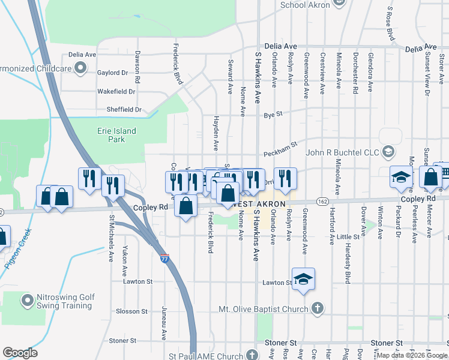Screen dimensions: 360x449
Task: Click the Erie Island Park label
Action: (116, 135)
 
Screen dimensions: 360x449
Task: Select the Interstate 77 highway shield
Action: (165, 259)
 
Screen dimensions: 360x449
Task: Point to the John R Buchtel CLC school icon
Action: (388, 152)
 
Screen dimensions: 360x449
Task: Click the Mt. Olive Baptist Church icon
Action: (319, 310)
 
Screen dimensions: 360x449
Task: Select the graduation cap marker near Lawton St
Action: (304, 279)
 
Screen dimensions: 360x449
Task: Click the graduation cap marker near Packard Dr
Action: (400, 178)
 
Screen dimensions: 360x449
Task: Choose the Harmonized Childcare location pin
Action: (79, 68)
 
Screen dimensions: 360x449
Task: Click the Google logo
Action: (20, 353)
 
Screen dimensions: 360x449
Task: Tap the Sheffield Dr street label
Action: (119, 110)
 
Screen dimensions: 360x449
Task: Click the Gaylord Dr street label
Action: (113, 73)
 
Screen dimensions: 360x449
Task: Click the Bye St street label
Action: (273, 113)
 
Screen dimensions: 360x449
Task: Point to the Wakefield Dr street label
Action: (116, 91)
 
